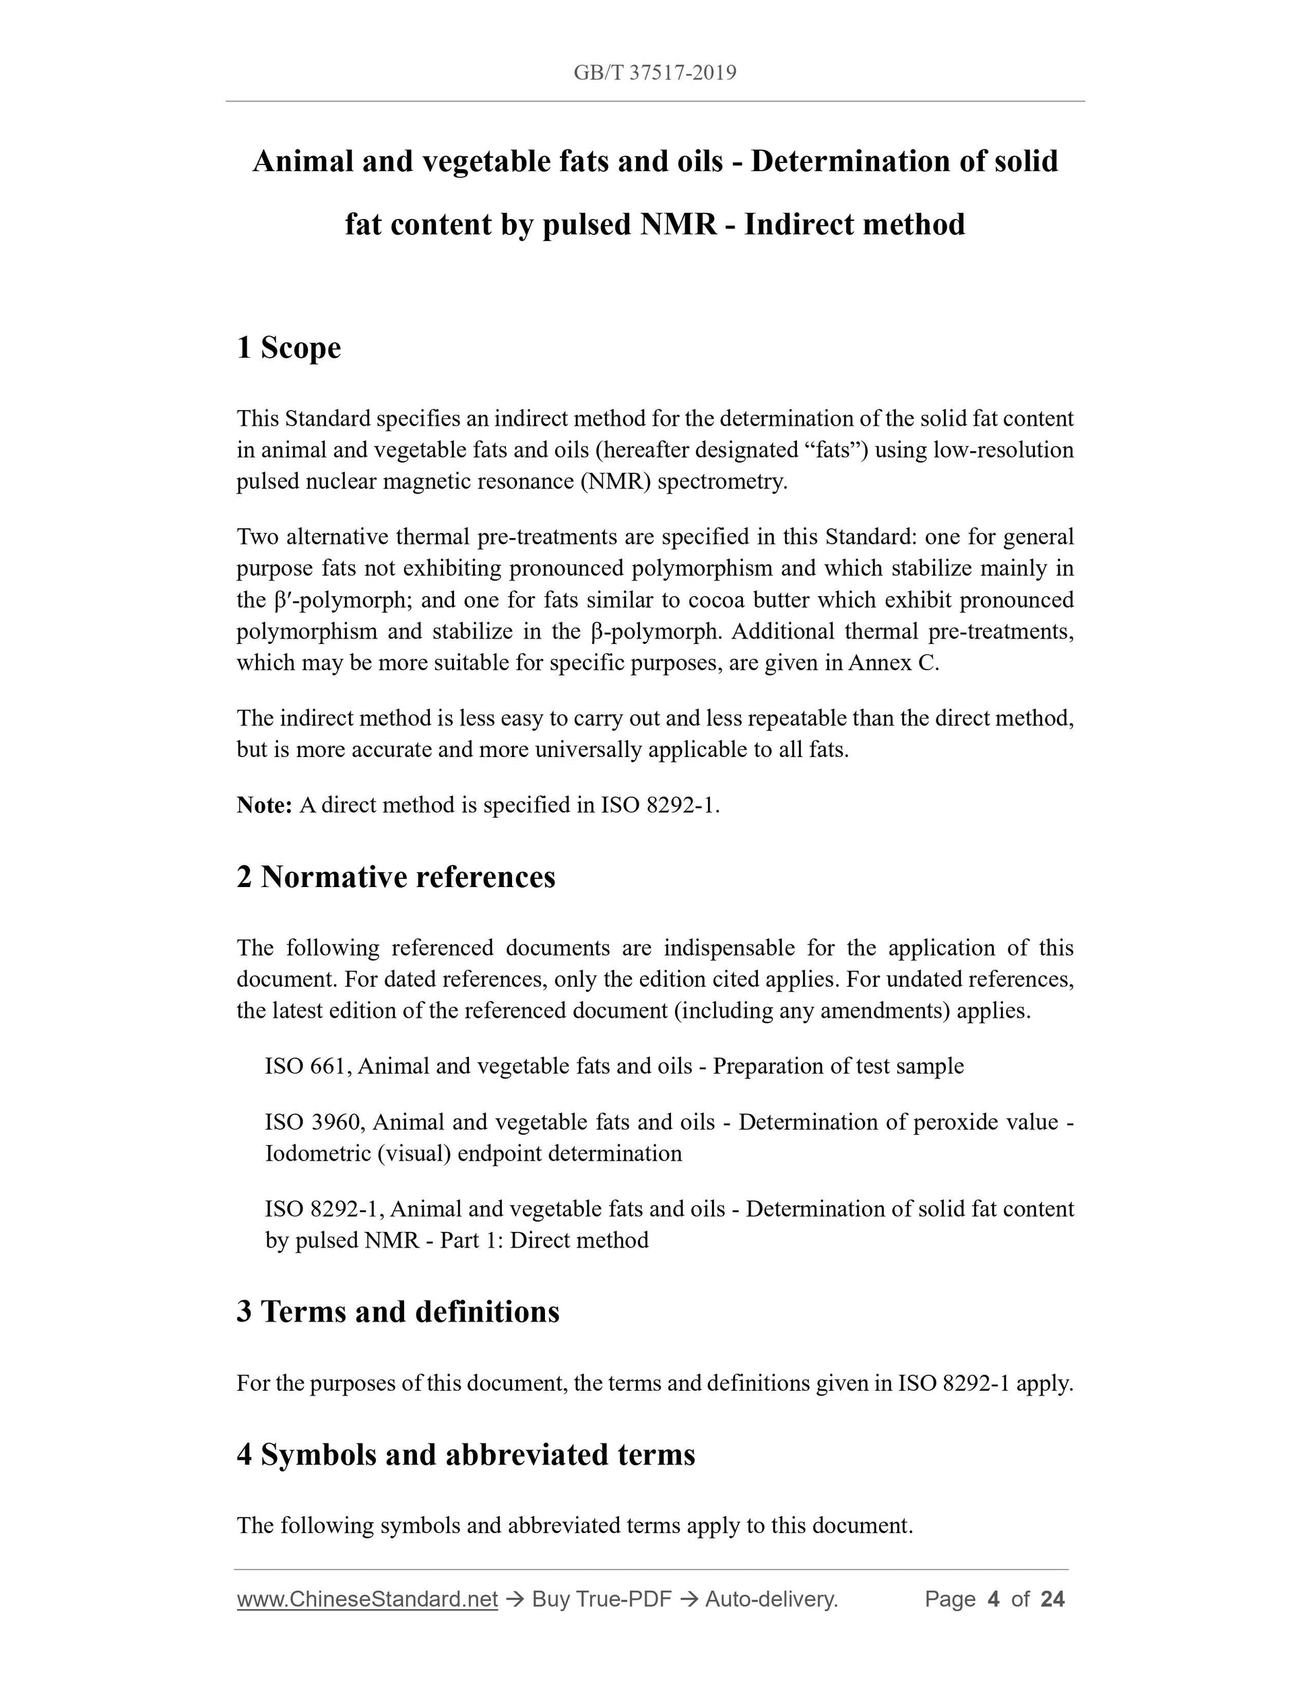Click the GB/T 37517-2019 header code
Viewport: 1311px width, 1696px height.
pyautogui.click(x=655, y=73)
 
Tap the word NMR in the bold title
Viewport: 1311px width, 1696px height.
pyautogui.click(x=678, y=224)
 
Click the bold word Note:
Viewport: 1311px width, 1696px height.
pyautogui.click(x=264, y=806)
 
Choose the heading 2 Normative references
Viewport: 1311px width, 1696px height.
pyautogui.click(x=396, y=877)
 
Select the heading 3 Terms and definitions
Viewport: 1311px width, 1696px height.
pyautogui.click(x=397, y=1311)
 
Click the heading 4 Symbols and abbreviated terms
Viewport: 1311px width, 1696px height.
pyautogui.click(x=466, y=1454)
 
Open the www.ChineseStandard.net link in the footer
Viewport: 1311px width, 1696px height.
pyautogui.click(x=367, y=1599)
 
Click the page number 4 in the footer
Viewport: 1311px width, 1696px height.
pyautogui.click(x=992, y=1599)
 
